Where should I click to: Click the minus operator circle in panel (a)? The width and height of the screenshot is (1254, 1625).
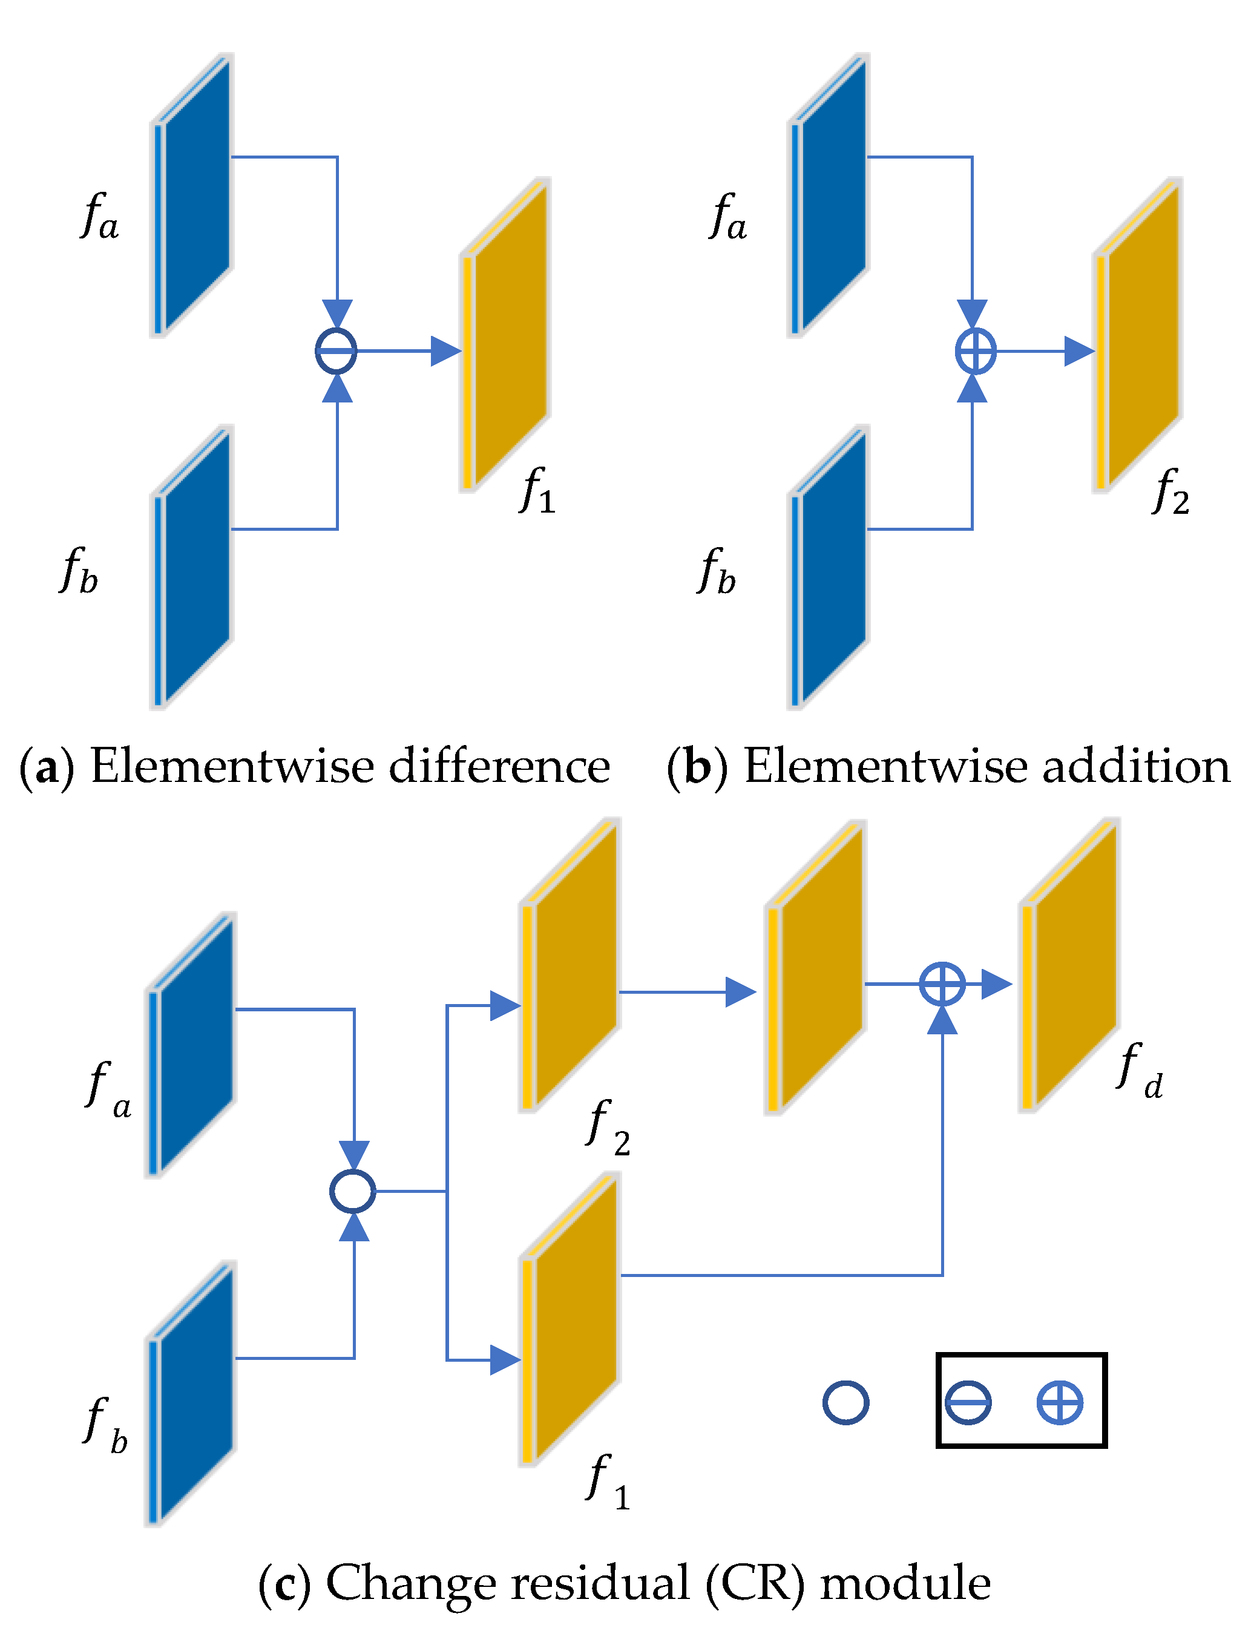[x=336, y=350]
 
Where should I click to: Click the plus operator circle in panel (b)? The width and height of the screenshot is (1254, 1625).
[x=975, y=350]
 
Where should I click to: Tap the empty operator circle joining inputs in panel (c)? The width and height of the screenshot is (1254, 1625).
[x=353, y=1190]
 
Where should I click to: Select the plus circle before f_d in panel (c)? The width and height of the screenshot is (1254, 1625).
[x=942, y=984]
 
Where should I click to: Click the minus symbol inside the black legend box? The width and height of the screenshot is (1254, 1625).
[x=968, y=1402]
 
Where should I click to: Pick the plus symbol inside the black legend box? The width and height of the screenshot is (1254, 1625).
[x=1060, y=1402]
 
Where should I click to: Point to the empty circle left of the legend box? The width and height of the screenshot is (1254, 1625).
[x=845, y=1402]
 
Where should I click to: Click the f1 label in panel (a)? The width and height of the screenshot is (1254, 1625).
[x=537, y=491]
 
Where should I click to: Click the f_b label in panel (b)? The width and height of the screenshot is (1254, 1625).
[x=716, y=571]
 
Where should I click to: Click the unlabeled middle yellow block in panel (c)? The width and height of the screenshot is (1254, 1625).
[x=817, y=967]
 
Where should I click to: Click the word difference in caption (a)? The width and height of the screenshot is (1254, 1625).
[x=499, y=766]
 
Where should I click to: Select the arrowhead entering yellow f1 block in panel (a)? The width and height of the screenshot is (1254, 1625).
[x=445, y=350]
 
